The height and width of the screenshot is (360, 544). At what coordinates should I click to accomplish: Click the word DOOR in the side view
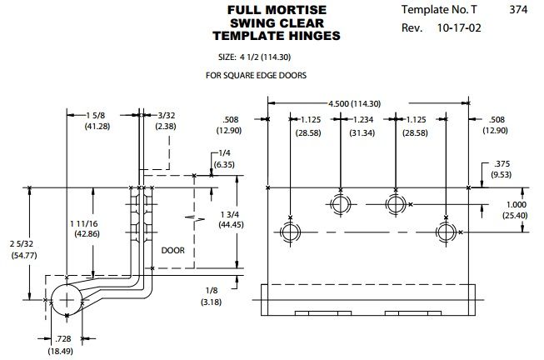click(x=172, y=250)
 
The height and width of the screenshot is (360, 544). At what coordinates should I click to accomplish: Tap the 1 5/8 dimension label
click(x=96, y=115)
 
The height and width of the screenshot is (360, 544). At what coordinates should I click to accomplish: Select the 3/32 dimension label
click(x=167, y=115)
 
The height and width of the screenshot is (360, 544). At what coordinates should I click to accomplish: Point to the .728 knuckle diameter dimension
click(x=62, y=338)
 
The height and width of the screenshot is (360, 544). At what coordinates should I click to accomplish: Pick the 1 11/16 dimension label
click(x=84, y=223)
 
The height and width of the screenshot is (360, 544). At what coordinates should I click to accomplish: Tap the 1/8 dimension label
click(x=212, y=291)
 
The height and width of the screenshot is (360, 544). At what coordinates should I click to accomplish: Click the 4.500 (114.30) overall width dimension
click(x=354, y=103)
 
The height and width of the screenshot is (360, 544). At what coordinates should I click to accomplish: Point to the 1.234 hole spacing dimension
click(x=363, y=120)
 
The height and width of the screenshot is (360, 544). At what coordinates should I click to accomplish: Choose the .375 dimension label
click(x=502, y=164)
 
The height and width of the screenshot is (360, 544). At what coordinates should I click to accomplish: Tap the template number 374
click(x=518, y=9)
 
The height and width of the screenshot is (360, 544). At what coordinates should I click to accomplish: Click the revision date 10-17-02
click(x=459, y=27)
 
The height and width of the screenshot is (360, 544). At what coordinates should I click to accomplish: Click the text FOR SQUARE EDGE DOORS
click(x=256, y=75)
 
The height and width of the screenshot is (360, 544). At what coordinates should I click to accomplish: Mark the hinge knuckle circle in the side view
click(x=51, y=300)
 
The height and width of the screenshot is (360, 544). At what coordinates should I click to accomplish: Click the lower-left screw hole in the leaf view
click(x=290, y=232)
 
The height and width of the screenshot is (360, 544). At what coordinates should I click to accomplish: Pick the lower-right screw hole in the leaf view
click(x=446, y=232)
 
